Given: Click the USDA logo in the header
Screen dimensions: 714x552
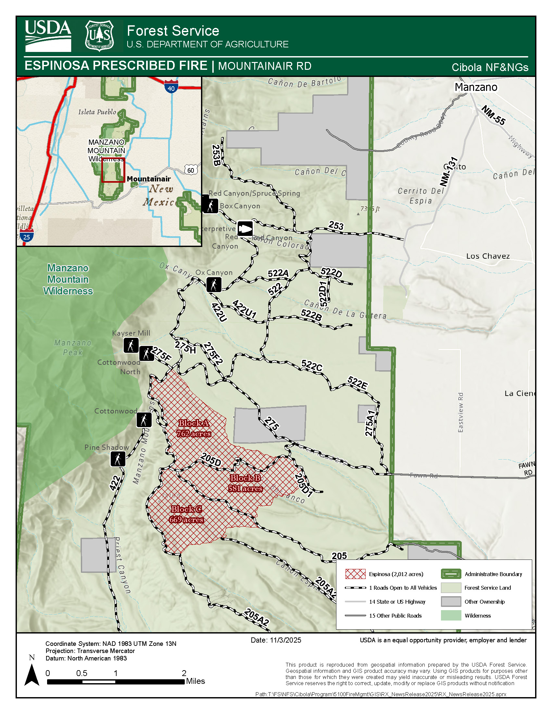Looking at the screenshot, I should click(48, 36).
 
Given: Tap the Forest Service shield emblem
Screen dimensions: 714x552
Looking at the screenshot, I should click(99, 36).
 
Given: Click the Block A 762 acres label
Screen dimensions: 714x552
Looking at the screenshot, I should click(194, 428).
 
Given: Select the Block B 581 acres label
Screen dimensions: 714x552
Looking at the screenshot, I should click(245, 483).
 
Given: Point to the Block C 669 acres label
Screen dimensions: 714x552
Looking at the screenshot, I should click(186, 514).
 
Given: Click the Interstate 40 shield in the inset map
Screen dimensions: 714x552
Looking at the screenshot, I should click(171, 87).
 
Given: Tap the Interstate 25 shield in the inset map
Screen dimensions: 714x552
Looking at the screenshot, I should click(27, 236).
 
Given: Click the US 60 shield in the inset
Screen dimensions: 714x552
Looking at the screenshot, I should click(191, 170).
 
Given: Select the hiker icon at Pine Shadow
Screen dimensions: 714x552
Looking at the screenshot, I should click(118, 459).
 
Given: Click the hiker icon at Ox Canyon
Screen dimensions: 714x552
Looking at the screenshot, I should click(214, 285).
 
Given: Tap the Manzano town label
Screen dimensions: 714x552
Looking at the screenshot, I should click(476, 87).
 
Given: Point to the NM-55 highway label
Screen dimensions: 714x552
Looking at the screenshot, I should click(494, 115).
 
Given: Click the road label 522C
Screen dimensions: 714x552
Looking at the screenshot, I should click(312, 366).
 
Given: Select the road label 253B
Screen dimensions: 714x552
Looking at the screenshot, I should click(216, 155).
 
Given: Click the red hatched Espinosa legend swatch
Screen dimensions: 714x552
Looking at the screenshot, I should click(355, 574).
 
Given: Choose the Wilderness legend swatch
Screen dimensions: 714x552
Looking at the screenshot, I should click(451, 616).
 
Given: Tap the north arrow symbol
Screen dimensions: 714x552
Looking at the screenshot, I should click(32, 674).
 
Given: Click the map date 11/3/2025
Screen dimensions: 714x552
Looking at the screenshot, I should click(276, 640).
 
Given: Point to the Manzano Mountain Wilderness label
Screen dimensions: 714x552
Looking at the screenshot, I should click(68, 279).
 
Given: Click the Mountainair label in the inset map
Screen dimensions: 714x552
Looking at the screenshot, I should click(148, 179).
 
